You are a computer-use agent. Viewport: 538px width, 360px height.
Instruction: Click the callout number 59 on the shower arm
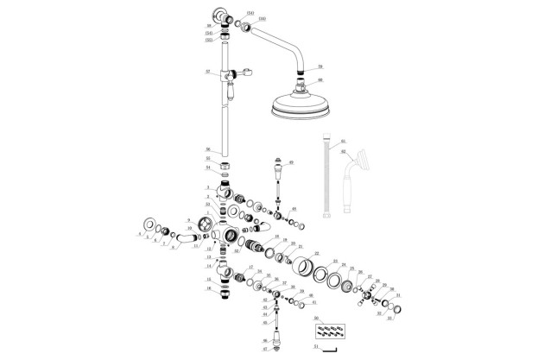[x=319, y=66]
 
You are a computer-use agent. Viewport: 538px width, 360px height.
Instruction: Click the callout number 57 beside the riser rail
[x=208, y=72]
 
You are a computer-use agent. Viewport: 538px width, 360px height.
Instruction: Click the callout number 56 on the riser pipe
[x=207, y=149]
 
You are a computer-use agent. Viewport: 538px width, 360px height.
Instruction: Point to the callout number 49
[x=291, y=162]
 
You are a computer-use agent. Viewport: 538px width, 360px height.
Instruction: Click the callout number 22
[x=316, y=254]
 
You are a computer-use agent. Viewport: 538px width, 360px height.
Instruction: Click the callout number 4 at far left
[x=138, y=233]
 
